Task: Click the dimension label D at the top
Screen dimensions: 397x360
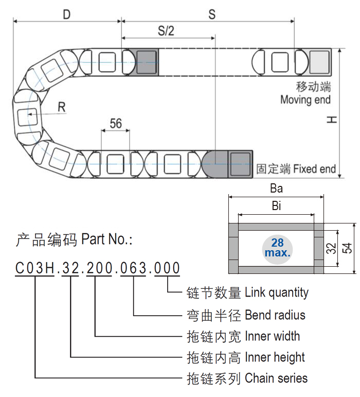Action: tap(66, 14)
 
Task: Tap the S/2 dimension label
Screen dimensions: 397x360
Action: tap(166, 31)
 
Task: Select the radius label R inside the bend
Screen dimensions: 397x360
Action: tap(62, 107)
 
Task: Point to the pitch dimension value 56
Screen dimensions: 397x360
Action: tap(116, 124)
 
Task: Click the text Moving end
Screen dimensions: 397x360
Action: tap(305, 100)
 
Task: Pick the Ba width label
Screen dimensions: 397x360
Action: tap(277, 188)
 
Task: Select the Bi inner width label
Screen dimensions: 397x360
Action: tap(276, 207)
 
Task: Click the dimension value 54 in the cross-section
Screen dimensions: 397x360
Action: tap(348, 248)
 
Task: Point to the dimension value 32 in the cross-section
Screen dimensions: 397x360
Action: tap(330, 248)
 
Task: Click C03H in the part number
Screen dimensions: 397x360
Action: tap(34, 268)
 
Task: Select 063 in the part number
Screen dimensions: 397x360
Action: tap(133, 268)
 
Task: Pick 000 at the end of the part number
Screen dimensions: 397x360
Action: tap(168, 268)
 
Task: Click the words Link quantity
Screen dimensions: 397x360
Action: tap(277, 293)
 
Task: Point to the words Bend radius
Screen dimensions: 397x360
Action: tap(275, 315)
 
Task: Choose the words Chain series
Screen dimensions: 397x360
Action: tap(276, 378)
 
